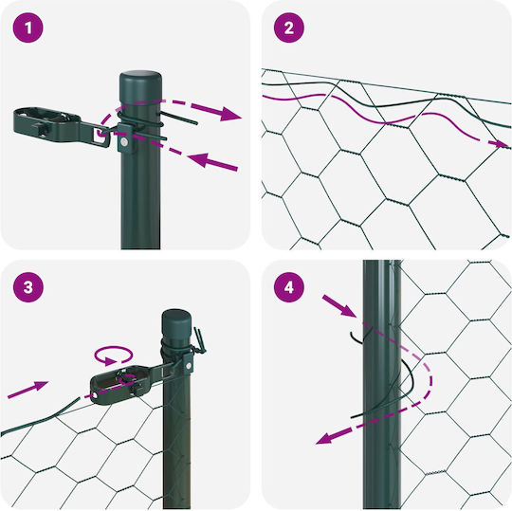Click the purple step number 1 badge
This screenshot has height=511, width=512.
[28, 27]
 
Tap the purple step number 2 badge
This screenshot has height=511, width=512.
[289, 27]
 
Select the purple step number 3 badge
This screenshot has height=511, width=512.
[28, 287]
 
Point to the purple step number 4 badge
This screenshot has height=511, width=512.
[289, 287]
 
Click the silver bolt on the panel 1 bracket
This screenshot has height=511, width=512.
[124, 141]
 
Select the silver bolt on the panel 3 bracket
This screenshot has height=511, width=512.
[189, 366]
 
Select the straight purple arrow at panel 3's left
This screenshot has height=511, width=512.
[28, 390]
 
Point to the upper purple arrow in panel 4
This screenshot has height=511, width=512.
[338, 306]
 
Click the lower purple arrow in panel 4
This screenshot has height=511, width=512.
[334, 436]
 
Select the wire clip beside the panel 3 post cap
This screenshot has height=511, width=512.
[199, 341]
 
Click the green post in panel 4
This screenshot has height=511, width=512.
[382, 384]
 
